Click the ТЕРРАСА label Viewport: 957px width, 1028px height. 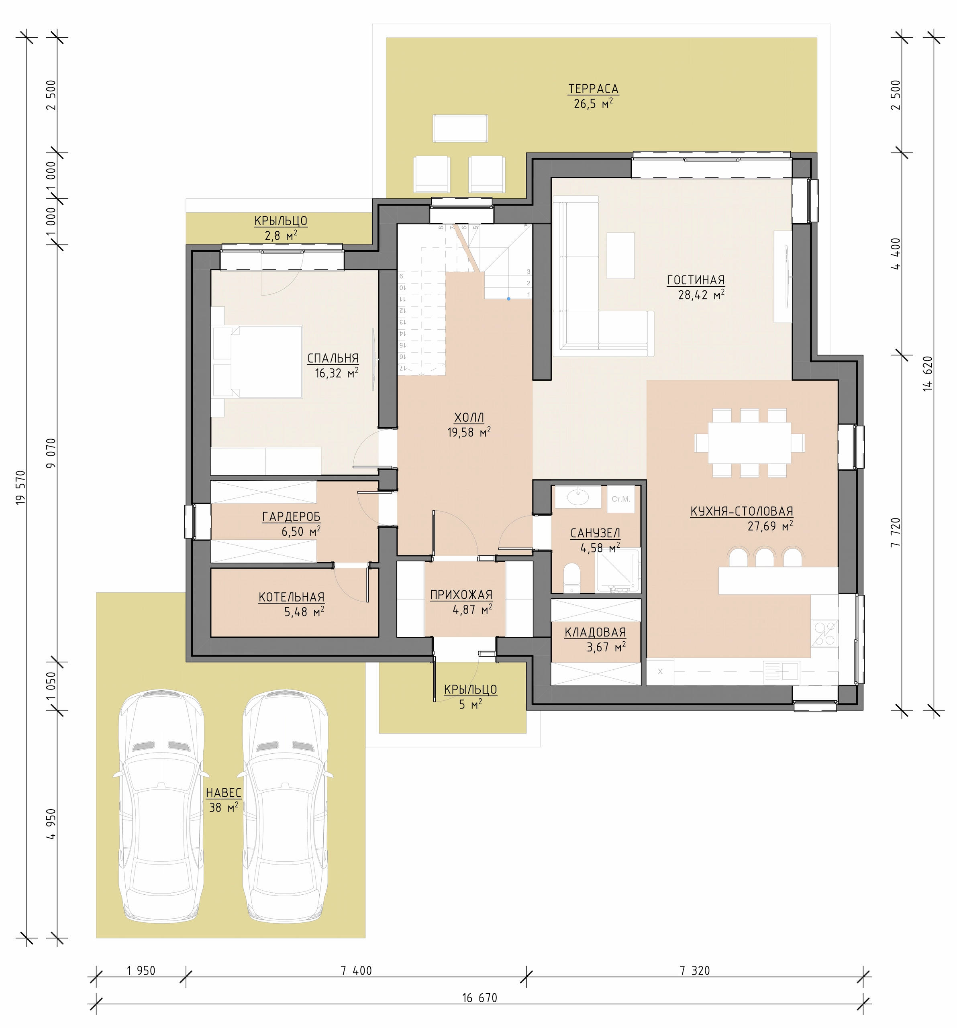point(593,89)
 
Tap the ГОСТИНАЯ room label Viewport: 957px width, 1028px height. point(696,280)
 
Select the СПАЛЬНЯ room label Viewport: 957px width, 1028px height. point(333,358)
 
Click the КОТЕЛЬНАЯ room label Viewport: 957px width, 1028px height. point(292,597)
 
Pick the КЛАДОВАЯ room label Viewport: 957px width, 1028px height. point(595,632)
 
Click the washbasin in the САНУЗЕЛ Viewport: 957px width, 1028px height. point(577,498)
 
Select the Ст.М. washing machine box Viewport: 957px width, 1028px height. point(620,499)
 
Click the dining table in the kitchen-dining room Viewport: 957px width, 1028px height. point(749,443)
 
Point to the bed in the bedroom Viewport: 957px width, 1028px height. point(257,361)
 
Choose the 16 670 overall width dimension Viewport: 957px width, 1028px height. point(480,997)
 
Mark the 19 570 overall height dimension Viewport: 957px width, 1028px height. point(20,487)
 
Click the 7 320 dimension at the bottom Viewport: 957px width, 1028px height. point(695,971)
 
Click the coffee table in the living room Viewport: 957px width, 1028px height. point(620,255)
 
